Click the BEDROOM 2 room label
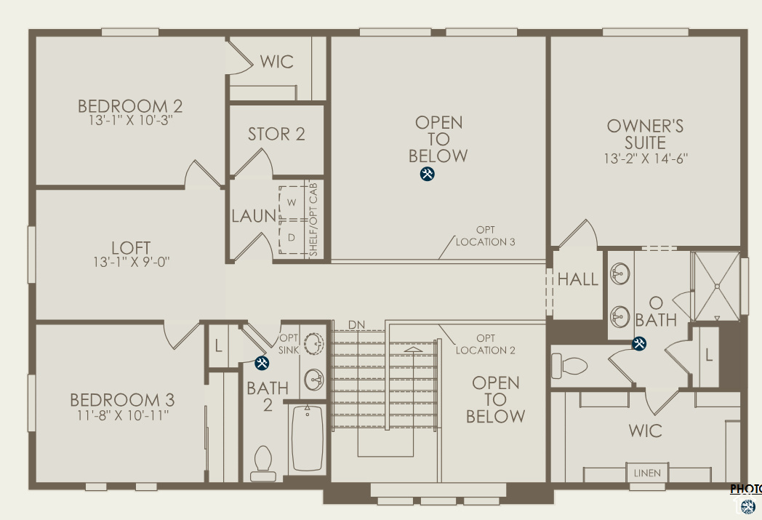coord(130,106)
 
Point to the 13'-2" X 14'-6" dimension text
coord(646,158)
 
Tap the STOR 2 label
coord(276,135)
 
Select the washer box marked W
coord(292,201)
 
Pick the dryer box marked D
coord(292,237)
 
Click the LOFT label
coord(132,248)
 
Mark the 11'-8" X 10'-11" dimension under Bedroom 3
coord(122,415)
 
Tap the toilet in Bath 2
coord(262,462)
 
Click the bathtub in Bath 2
coord(308,439)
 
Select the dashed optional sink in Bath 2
coord(314,343)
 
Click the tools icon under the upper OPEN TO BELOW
coord(428,174)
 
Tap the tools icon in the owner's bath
coord(639,344)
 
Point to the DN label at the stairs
coord(356,324)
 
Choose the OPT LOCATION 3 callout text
coord(485,236)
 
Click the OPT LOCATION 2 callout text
coord(485,344)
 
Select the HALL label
coord(578,279)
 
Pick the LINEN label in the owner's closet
coord(647,473)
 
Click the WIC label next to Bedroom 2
coord(277,62)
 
